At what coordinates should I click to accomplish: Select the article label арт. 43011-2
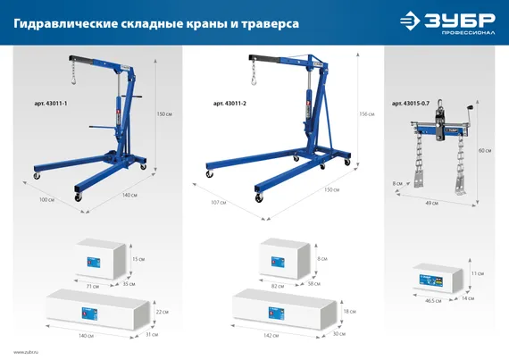coord(230,105)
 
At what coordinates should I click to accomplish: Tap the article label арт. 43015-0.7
coord(412,105)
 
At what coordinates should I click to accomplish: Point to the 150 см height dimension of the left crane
coord(163,114)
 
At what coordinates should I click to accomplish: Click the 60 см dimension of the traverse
coord(485,150)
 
